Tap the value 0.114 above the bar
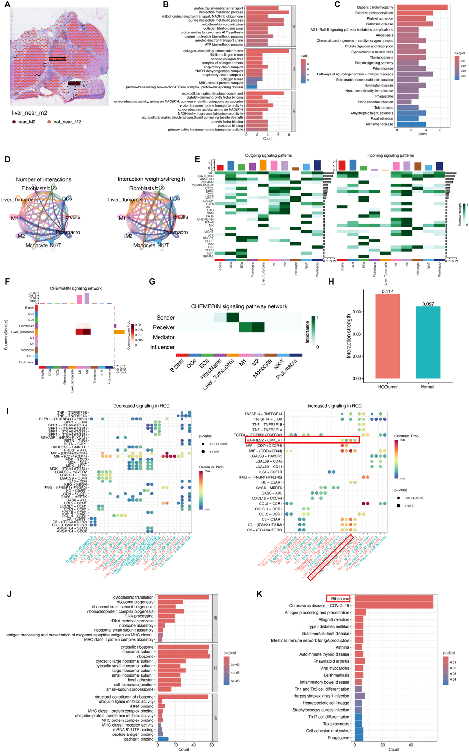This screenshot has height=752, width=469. click(x=387, y=292)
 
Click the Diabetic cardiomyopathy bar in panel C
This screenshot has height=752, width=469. click(x=422, y=7)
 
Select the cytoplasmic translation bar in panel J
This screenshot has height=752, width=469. click(x=183, y=597)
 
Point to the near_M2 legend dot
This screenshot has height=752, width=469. click(x=14, y=122)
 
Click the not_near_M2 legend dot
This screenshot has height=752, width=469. click(x=49, y=122)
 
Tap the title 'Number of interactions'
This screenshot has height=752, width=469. click(x=44, y=179)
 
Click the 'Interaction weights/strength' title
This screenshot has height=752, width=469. click(x=151, y=179)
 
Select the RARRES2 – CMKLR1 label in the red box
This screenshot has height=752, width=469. click(x=264, y=440)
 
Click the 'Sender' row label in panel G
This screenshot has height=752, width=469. click(x=166, y=318)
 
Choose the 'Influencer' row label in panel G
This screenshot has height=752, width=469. click(x=162, y=347)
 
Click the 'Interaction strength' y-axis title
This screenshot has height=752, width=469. click(x=349, y=336)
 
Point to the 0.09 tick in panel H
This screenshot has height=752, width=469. click(x=357, y=312)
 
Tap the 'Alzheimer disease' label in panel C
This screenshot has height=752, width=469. click(x=379, y=124)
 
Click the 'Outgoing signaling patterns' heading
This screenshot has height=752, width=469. click(x=268, y=155)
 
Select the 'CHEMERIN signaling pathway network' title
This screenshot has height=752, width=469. click(x=239, y=306)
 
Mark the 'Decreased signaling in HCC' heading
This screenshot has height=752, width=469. click(x=141, y=406)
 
